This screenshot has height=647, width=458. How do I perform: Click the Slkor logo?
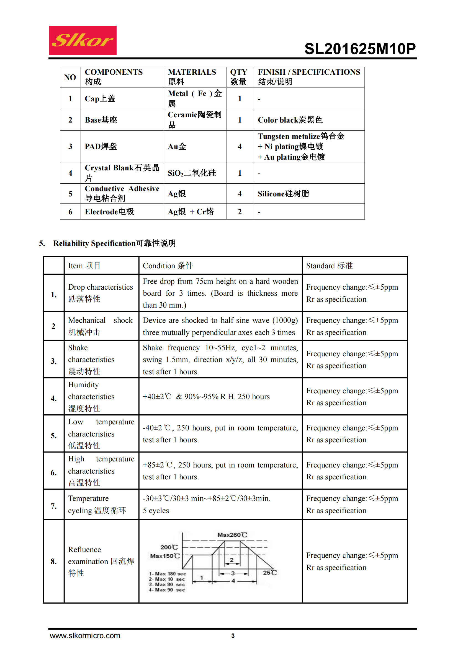83,40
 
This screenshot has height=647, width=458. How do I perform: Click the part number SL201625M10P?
360,49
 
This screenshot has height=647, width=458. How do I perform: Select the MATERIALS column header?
192,77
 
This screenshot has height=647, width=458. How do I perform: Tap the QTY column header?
239,77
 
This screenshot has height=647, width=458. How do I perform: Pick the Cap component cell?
100,99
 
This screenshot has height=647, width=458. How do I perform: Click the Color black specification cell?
290,120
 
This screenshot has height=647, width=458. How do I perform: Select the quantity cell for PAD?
240,146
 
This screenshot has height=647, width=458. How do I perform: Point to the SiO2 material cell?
192,173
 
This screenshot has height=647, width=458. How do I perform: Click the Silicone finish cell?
283,194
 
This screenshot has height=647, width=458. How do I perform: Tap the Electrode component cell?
109,212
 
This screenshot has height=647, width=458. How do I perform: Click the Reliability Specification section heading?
114,243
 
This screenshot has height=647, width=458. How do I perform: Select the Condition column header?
168,266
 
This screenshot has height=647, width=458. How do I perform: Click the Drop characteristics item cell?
101,293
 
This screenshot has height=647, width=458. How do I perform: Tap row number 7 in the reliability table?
54,506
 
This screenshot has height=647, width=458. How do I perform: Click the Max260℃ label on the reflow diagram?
232,535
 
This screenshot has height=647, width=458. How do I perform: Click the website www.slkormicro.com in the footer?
85,635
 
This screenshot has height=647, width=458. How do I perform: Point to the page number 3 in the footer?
233,636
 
